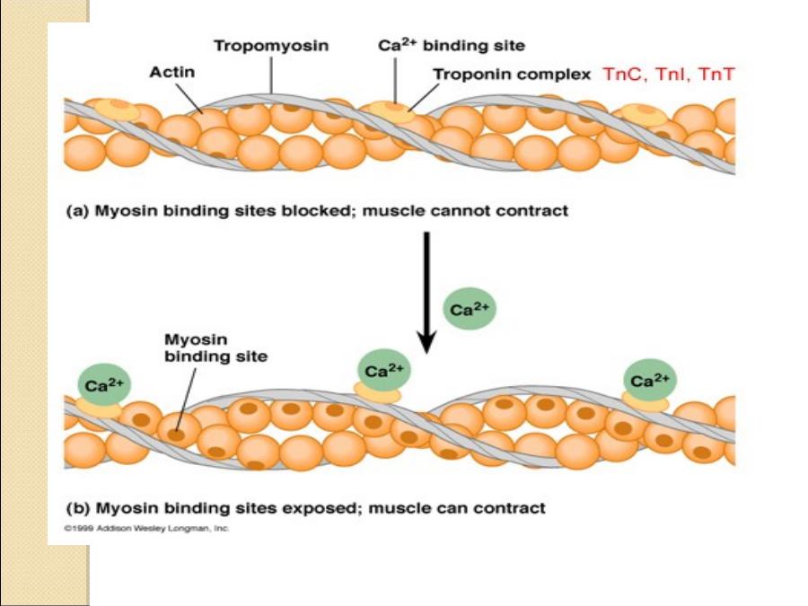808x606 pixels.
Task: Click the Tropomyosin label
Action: pyautogui.click(x=270, y=44)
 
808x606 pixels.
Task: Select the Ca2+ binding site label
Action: pyautogui.click(x=451, y=44)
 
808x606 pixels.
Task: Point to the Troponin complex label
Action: pyautogui.click(x=512, y=75)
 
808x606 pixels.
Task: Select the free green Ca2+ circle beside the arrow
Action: pyautogui.click(x=469, y=310)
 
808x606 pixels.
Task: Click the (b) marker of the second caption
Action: pyautogui.click(x=77, y=508)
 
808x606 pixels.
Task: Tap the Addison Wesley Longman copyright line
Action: pyautogui.click(x=146, y=529)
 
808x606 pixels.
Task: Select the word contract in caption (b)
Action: pyautogui.click(x=513, y=508)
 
